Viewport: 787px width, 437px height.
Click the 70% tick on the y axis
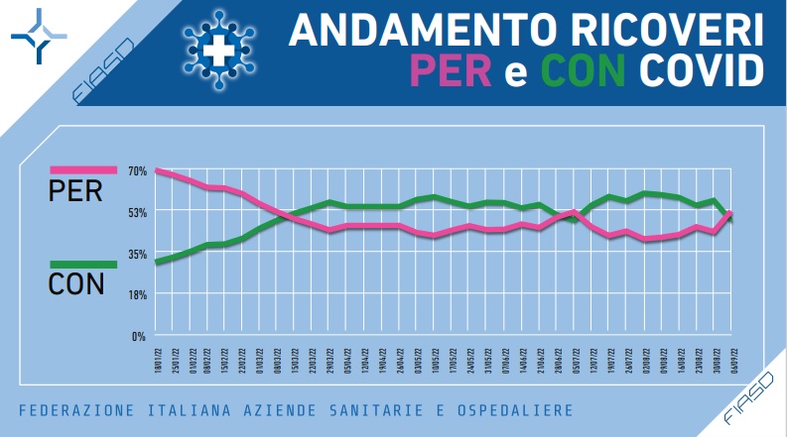137,171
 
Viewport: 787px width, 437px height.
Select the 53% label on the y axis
137,212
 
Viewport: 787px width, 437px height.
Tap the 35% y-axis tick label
137,254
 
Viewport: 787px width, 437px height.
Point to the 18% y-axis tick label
137,294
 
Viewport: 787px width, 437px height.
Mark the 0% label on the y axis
139,336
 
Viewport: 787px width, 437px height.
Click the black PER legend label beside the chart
75,192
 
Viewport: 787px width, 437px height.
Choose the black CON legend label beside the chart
76,285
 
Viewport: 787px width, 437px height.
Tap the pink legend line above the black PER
83,171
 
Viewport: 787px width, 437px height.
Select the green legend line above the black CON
83,264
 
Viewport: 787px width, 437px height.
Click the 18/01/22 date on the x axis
157,351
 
